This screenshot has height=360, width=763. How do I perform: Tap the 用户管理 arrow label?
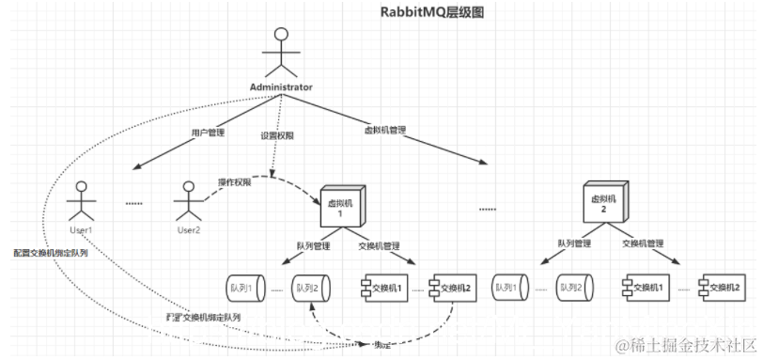(208, 133)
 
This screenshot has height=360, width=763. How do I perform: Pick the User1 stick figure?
(82, 198)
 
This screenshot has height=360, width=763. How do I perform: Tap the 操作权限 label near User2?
(235, 180)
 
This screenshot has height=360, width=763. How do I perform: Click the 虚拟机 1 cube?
(341, 202)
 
